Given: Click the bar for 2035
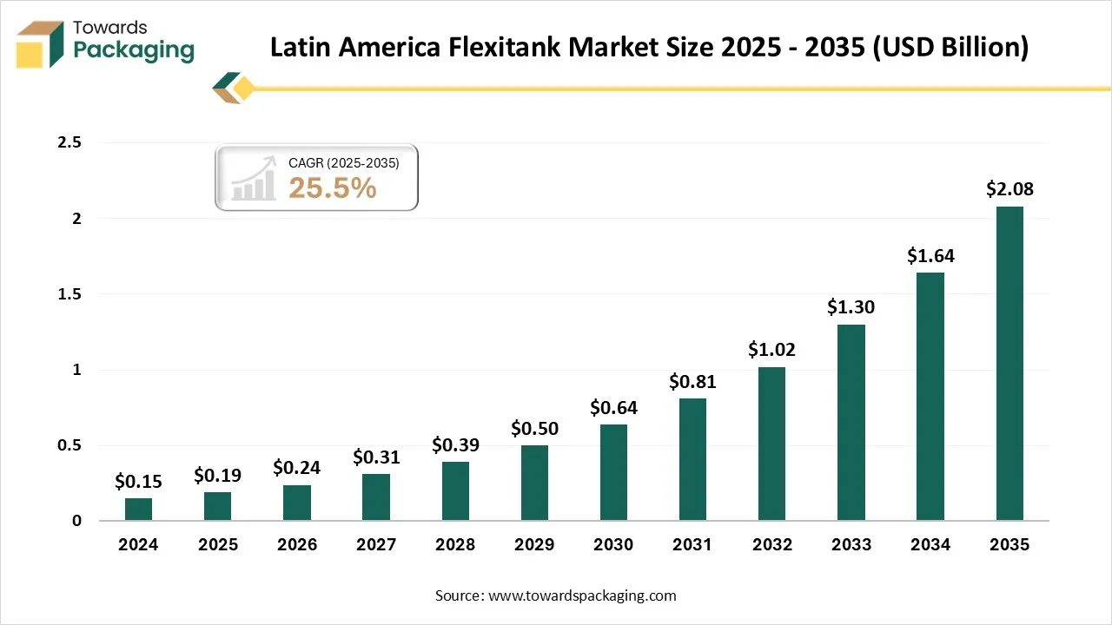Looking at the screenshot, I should coord(1009,364).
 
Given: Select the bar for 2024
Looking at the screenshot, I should coord(138,510).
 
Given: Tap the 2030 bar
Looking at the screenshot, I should coord(613,472).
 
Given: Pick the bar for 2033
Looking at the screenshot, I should coord(851,423).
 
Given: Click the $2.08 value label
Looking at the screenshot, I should coord(1009,189).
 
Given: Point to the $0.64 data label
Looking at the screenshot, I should coord(613,407).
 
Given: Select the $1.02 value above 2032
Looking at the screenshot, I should coord(771,350).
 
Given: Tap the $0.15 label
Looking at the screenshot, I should coord(138,481).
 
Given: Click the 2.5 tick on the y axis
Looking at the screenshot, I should coord(69,143).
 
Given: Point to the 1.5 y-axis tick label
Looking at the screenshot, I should coord(69,294).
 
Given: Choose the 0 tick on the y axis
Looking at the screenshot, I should coord(76,521).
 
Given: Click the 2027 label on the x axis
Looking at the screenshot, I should coord(376,545).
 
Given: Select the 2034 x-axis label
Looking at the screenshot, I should coord(930,545).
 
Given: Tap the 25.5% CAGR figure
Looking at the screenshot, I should coord(332,187).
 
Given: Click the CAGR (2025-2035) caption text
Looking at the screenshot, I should coord(343,162).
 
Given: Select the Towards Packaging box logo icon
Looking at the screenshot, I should coord(41,44).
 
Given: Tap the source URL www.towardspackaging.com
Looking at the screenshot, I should coord(582,595).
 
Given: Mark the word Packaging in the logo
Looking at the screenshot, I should coord(134,50).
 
